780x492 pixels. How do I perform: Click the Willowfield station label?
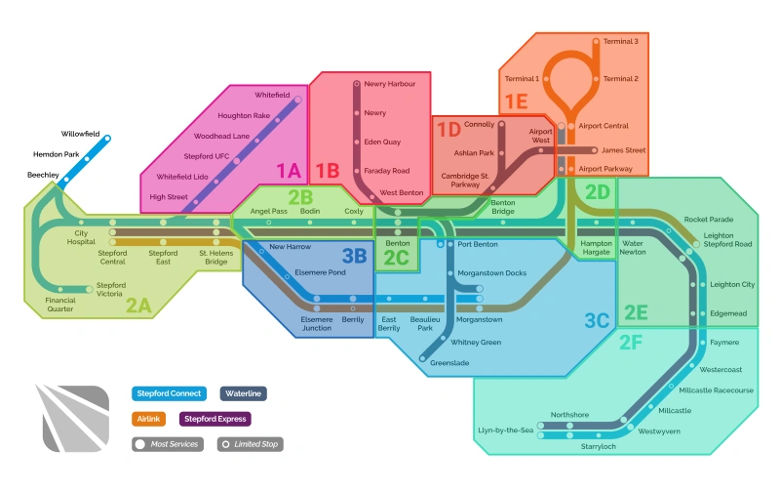[x=80, y=133]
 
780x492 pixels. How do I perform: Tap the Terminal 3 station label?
[x=621, y=42]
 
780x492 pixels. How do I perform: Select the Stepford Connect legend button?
[x=169, y=393]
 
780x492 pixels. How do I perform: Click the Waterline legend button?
[x=244, y=393]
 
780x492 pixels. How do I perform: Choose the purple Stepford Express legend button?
[x=215, y=419]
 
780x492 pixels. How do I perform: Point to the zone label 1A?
[x=288, y=171]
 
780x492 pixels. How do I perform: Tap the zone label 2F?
[x=631, y=342]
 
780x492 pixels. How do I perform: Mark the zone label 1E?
[x=515, y=101]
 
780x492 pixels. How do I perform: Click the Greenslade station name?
[x=449, y=361]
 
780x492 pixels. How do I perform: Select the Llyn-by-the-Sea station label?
[x=505, y=430]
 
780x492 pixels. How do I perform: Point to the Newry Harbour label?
[x=389, y=84]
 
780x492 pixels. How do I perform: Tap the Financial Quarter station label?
[x=59, y=305]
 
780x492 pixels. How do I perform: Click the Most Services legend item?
[x=168, y=444]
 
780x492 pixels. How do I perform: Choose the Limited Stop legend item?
[x=251, y=444]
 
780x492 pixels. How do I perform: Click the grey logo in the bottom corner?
[x=74, y=417]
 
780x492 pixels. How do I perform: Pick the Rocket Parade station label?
[x=709, y=220]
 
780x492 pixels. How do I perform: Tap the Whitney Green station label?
[x=476, y=343]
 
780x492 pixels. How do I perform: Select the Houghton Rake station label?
[x=243, y=115]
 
